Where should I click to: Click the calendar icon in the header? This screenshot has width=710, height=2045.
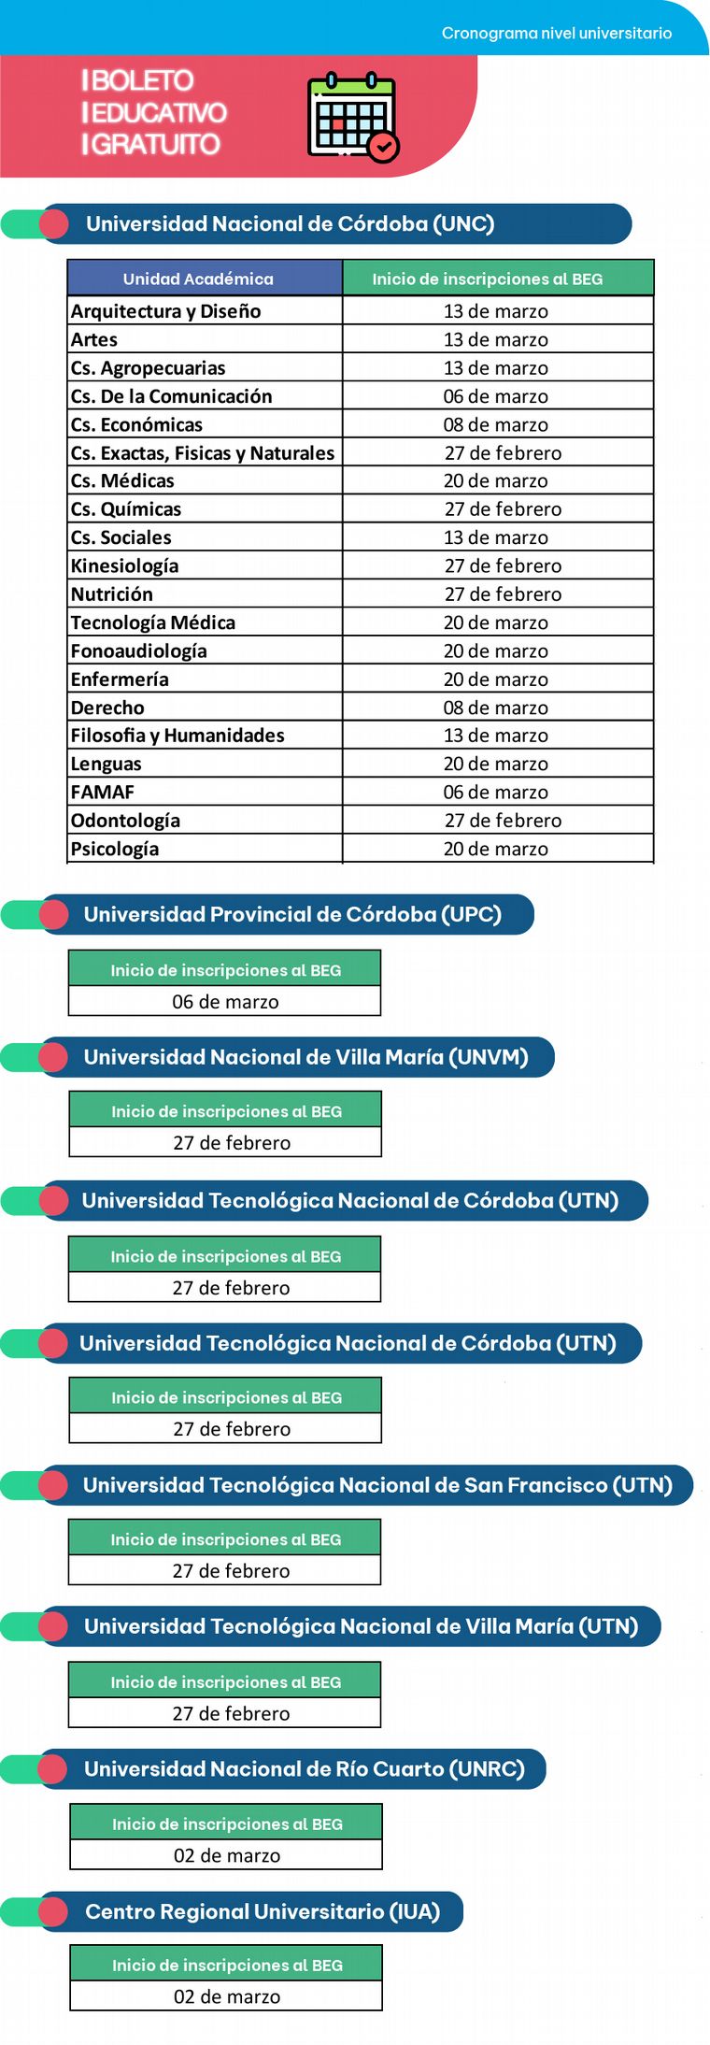(x=352, y=117)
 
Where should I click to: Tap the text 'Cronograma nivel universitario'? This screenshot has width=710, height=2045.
(x=556, y=34)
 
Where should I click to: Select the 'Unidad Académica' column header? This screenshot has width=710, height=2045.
(x=198, y=279)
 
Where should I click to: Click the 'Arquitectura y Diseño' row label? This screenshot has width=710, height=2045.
(x=166, y=311)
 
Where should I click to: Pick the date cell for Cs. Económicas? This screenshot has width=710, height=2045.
(x=496, y=424)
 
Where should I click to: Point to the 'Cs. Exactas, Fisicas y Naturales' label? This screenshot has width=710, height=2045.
(x=203, y=453)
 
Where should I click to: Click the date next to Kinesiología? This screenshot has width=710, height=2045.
(x=503, y=566)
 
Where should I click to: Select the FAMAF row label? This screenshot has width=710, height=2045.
(x=103, y=793)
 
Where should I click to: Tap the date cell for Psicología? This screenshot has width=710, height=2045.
(x=496, y=850)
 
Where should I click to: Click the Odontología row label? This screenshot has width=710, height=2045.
(x=126, y=821)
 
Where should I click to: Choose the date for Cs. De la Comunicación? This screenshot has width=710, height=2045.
(x=496, y=396)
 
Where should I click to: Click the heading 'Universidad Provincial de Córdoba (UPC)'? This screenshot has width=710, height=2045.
(x=292, y=914)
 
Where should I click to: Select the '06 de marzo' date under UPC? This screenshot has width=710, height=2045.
(x=225, y=1002)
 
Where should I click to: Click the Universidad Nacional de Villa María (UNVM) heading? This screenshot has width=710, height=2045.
(x=305, y=1057)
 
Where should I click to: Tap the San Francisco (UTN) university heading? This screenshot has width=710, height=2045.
(x=377, y=1485)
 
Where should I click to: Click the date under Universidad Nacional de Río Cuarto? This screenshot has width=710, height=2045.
(x=226, y=1855)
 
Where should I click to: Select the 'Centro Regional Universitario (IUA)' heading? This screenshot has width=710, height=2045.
(x=263, y=1911)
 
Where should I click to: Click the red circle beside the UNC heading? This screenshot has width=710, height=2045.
(x=54, y=224)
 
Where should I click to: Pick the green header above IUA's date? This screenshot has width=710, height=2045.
(x=226, y=1965)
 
